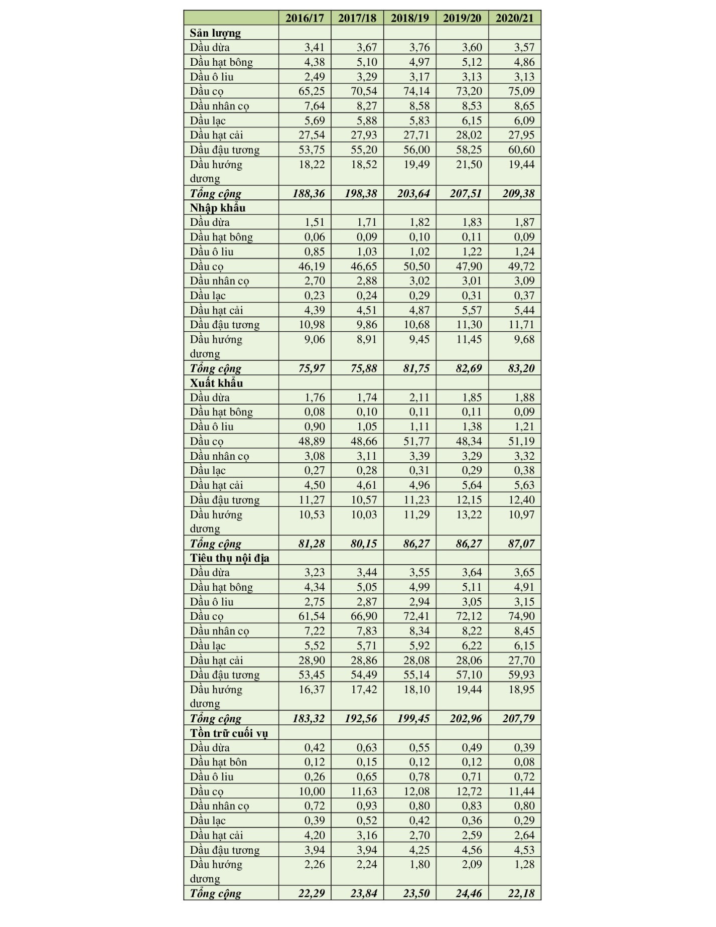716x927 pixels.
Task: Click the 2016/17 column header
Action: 305,18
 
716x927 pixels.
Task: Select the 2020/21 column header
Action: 514,18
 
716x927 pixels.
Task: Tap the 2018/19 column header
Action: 410,18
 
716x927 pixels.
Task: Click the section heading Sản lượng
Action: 215,33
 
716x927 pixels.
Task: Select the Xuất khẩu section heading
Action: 216,383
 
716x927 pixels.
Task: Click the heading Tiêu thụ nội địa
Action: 229,558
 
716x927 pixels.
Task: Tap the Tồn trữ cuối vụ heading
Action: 229,733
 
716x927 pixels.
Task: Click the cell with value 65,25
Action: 312,91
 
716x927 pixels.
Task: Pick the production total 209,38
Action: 518,193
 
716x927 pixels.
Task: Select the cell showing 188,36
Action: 309,193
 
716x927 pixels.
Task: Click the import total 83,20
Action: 521,368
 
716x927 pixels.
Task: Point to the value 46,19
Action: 312,267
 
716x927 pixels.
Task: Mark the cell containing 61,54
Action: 312,616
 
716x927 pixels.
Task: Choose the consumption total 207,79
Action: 518,719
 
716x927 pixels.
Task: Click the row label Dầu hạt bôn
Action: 218,762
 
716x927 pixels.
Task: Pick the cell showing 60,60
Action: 521,150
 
